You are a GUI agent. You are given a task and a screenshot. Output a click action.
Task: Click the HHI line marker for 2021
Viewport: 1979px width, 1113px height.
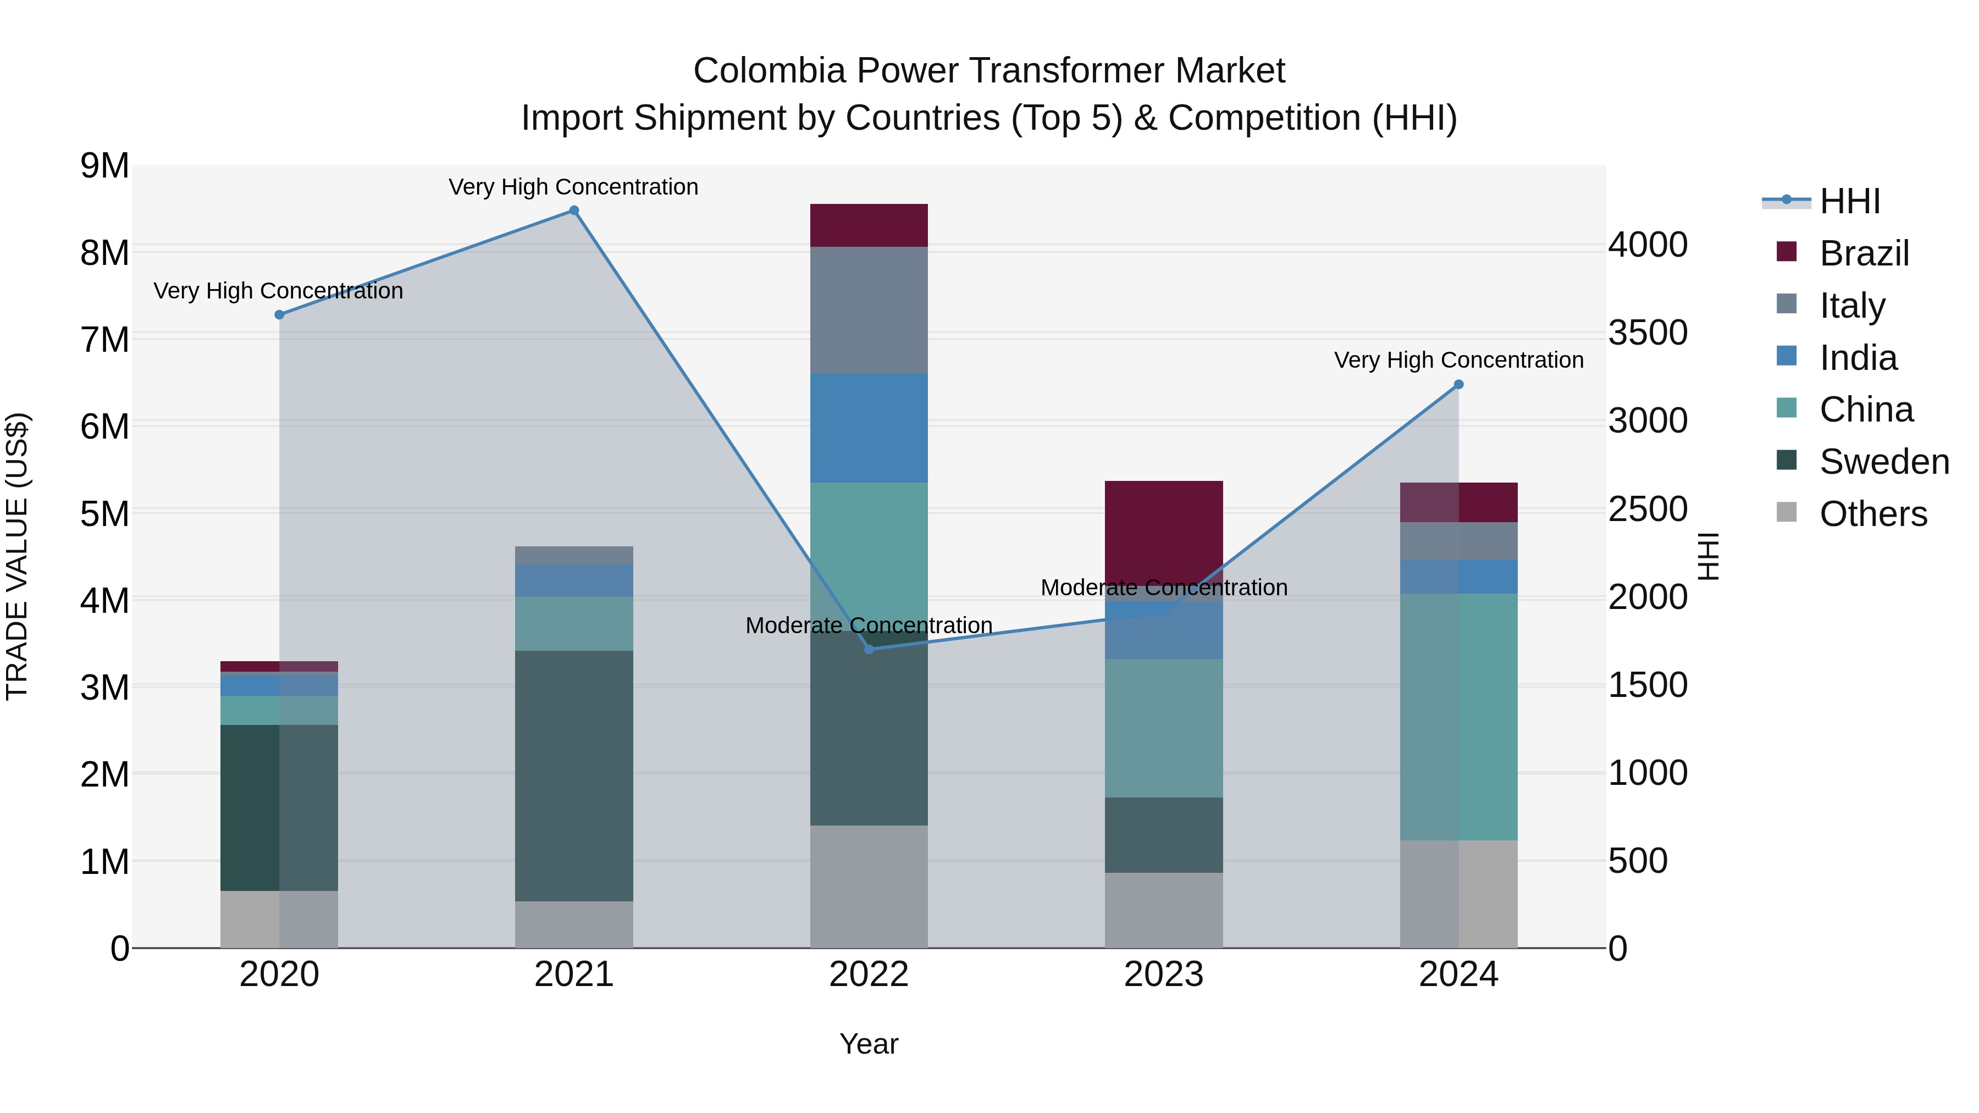[x=574, y=211]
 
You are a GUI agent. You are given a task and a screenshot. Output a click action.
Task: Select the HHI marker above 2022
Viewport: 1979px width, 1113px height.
[x=869, y=649]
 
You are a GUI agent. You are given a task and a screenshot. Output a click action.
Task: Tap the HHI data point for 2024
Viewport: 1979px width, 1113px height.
[x=1458, y=385]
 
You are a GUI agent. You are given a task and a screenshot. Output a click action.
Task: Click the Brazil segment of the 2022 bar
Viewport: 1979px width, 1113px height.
[x=869, y=225]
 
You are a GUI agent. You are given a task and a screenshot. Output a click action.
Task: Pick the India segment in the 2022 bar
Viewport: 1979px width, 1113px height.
[x=869, y=428]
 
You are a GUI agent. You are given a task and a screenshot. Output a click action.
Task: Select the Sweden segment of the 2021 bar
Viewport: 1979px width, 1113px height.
[x=574, y=776]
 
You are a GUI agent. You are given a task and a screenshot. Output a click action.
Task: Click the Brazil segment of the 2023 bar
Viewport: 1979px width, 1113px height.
[x=1163, y=530]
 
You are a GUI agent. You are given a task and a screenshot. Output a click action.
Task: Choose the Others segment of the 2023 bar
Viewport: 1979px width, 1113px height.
[x=1163, y=910]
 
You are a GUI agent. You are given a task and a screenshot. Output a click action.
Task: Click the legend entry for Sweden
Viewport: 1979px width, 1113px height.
[x=1883, y=462]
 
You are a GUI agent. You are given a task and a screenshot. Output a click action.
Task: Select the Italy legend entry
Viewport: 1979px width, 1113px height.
[x=1851, y=305]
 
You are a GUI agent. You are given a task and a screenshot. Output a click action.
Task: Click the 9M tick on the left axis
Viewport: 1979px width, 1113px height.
[x=104, y=166]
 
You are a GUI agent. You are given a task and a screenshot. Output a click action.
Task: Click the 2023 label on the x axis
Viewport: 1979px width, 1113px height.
[x=1163, y=974]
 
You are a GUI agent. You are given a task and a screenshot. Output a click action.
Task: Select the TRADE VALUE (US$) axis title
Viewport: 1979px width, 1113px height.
[x=18, y=556]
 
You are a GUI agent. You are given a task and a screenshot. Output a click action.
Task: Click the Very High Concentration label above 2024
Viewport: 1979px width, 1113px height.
[x=1458, y=359]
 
